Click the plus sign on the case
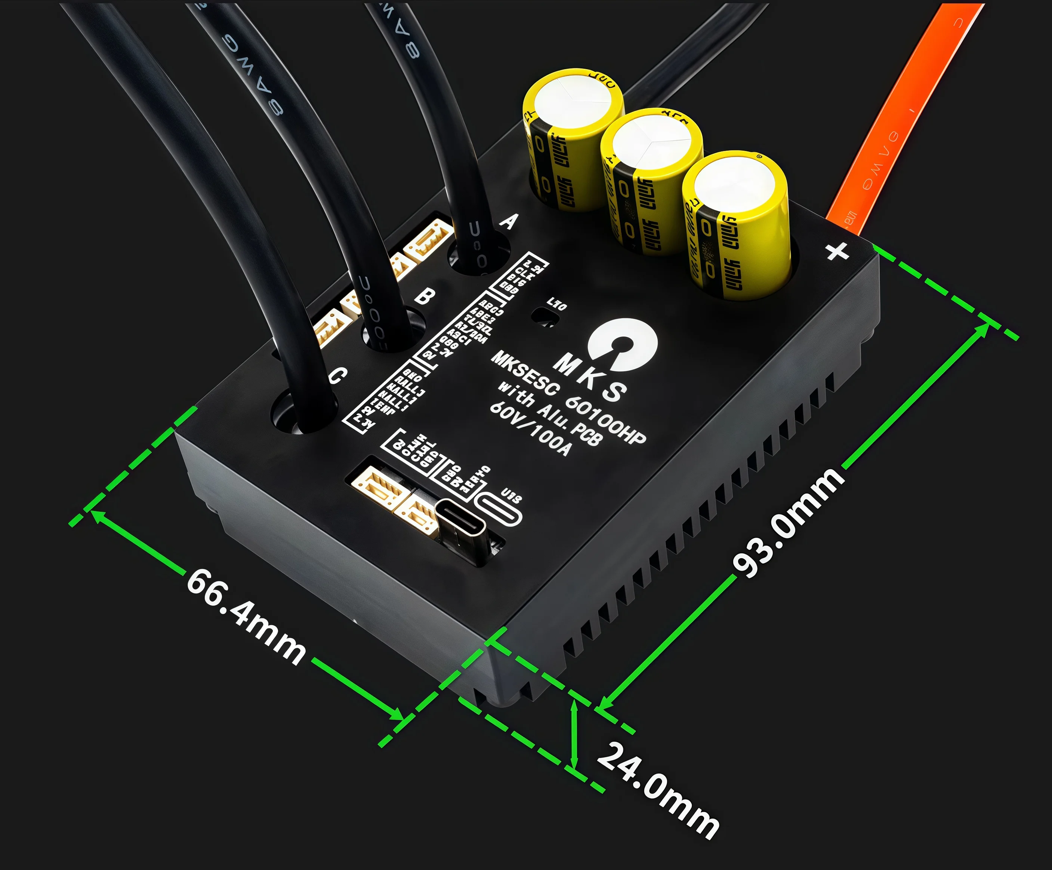837,251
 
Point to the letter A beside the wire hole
509,221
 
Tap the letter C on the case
338,375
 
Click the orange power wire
902,125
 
